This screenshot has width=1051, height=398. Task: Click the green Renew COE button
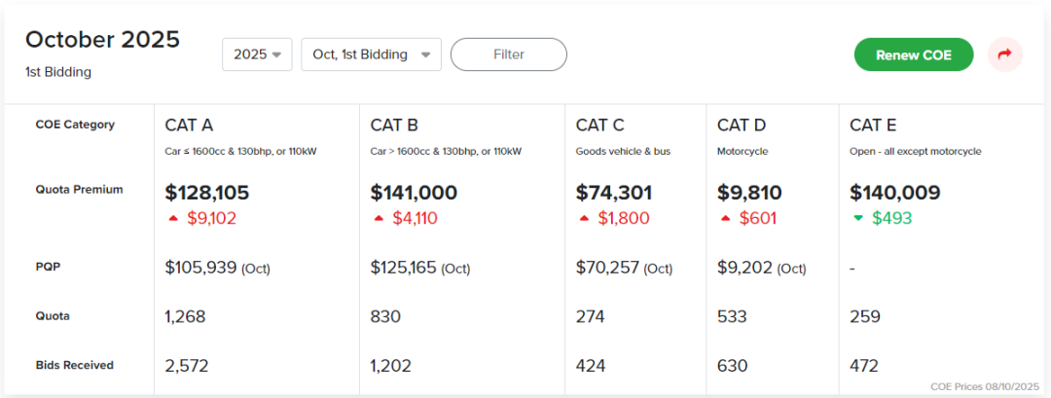(913, 54)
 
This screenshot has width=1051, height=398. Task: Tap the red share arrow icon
(1004, 54)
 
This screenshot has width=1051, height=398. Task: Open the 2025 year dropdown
(257, 54)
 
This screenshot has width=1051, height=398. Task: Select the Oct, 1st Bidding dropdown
(371, 54)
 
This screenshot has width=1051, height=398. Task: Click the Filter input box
(508, 54)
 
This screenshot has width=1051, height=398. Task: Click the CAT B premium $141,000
(414, 193)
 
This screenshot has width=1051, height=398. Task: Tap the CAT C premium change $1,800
(623, 218)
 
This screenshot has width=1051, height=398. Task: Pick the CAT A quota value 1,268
(185, 316)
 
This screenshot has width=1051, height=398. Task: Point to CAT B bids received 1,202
(390, 366)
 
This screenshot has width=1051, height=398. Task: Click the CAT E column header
(872, 125)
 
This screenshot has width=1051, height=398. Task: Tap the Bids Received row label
(74, 365)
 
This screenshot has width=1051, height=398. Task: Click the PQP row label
(48, 266)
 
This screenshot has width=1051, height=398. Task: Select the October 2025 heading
(102, 40)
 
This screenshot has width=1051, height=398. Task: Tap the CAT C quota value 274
(590, 316)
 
